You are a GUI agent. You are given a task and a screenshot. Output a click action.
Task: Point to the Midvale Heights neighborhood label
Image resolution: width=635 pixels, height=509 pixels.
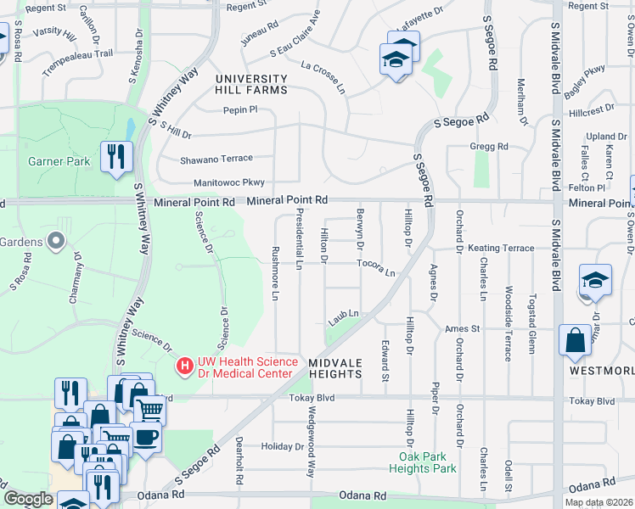336,367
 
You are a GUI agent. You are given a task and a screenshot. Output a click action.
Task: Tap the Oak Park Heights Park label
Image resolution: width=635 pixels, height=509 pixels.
428,462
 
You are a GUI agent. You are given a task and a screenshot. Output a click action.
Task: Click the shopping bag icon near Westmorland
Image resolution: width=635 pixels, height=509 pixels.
575,340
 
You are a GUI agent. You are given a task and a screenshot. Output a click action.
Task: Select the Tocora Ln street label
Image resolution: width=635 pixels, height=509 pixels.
376,269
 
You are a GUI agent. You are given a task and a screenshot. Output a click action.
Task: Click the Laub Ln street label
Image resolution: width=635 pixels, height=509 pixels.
344,317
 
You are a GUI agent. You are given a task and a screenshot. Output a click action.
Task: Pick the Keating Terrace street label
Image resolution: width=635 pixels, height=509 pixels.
501,248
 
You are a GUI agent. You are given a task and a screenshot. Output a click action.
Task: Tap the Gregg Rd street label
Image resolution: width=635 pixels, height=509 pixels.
489,146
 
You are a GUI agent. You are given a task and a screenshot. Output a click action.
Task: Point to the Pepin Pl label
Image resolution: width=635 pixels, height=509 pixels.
239,109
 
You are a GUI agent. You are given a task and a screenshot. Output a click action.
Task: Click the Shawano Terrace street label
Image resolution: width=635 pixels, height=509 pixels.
216,158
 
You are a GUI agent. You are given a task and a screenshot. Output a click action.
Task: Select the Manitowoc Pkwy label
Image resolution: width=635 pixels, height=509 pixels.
216,182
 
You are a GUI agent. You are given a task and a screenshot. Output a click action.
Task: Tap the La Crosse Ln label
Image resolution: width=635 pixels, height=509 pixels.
323,76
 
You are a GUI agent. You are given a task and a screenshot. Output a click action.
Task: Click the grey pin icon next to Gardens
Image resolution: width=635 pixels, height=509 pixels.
57,242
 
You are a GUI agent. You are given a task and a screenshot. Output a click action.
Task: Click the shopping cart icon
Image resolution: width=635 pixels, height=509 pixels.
149,410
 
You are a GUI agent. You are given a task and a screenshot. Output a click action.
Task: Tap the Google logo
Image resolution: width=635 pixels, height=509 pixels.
27,499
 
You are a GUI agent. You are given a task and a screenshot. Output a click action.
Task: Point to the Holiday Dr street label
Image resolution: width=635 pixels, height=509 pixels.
277,446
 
